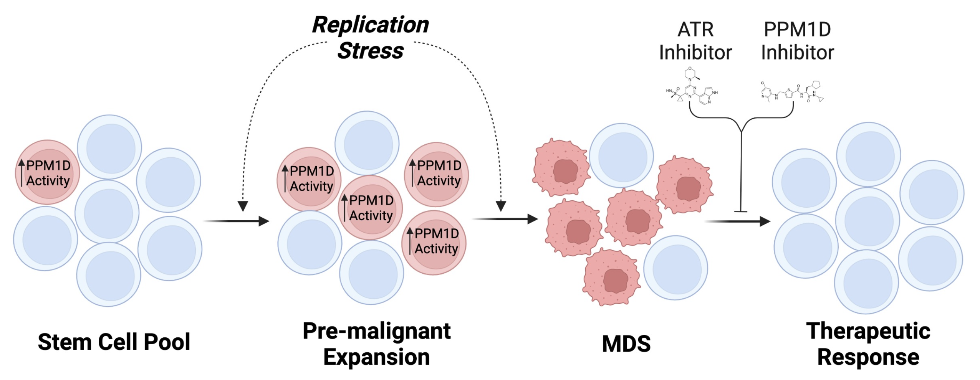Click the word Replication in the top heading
(x=371, y=25)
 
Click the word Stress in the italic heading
(x=371, y=51)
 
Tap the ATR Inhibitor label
(x=695, y=41)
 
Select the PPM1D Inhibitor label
(x=798, y=41)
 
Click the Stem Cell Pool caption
(x=114, y=342)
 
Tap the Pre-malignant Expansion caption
(x=377, y=344)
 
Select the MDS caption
(x=626, y=344)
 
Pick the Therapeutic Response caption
(x=868, y=344)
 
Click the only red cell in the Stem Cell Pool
(x=48, y=172)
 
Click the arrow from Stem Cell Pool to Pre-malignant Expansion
(x=237, y=221)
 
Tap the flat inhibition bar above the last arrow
(x=741, y=211)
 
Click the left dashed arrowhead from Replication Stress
(x=243, y=206)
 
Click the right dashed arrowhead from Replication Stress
(x=501, y=206)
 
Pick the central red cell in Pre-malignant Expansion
(x=371, y=208)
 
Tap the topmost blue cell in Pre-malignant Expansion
(x=367, y=143)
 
